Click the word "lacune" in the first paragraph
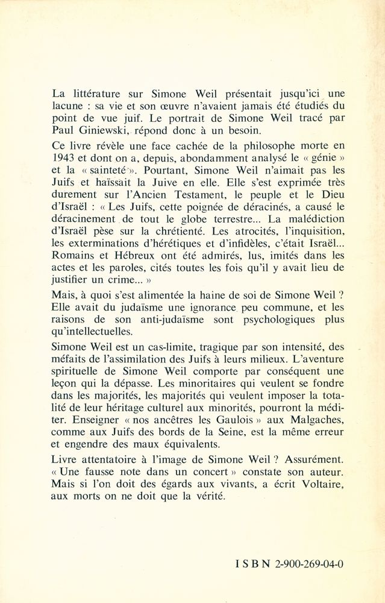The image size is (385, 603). pos(62,109)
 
